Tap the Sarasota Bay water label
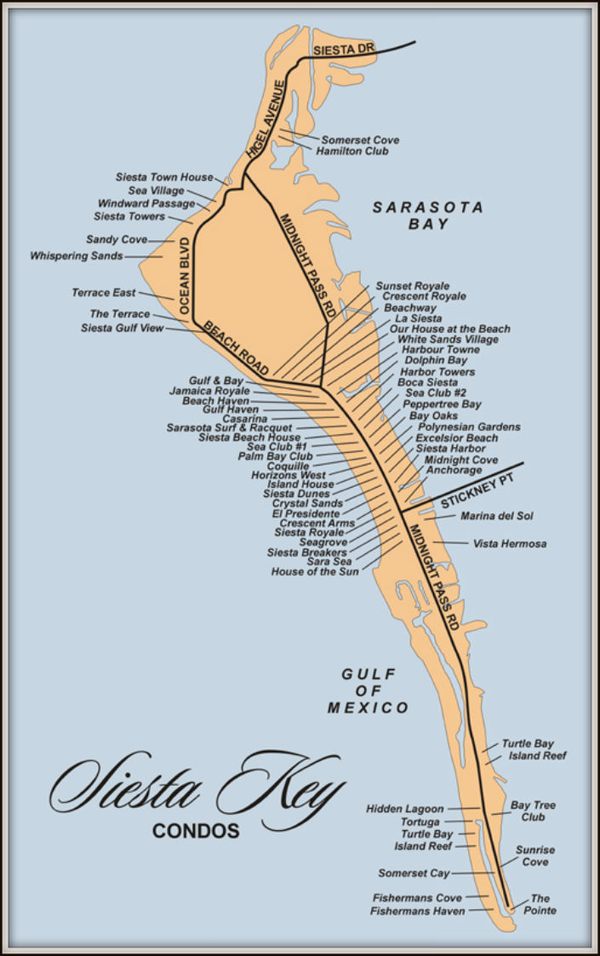coord(428,215)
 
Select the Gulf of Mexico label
coord(369,690)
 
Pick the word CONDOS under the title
coord(196,831)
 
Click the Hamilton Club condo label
coord(351,152)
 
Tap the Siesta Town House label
coord(164,177)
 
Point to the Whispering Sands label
coord(77,255)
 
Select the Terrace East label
coord(103,293)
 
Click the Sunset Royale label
coord(413,286)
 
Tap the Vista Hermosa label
coord(510,543)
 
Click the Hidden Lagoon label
coord(405,808)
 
